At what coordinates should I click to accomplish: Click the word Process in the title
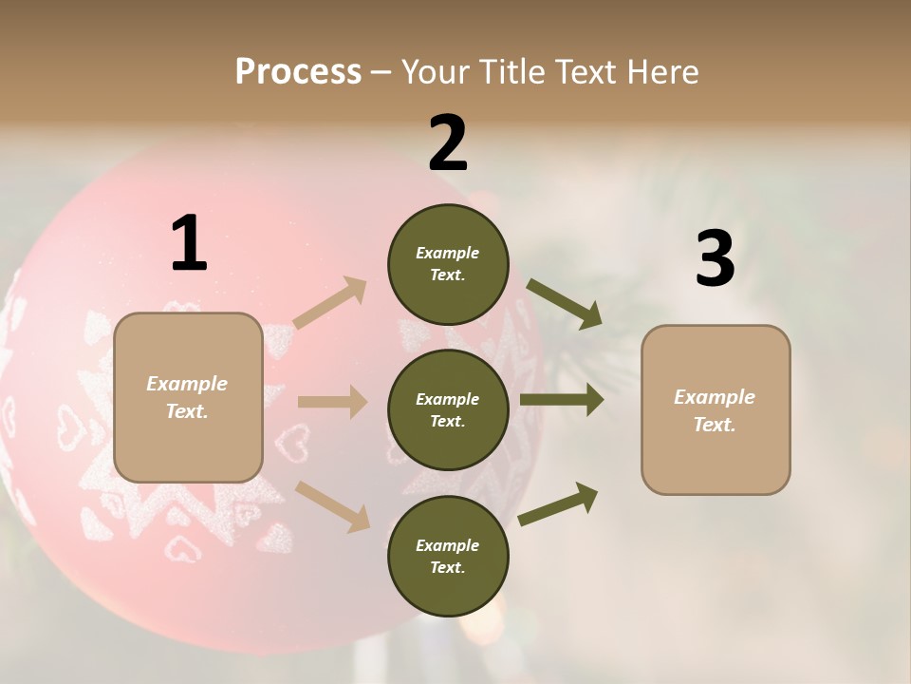[298, 72]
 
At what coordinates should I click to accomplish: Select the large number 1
[189, 243]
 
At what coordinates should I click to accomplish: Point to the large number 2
[448, 142]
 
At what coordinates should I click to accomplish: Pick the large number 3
[715, 259]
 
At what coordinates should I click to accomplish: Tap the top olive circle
[448, 264]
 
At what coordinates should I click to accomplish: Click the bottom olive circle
[448, 557]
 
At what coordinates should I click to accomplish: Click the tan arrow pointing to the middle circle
[332, 402]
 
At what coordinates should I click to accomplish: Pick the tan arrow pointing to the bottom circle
[332, 505]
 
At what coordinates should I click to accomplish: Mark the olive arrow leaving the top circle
[564, 304]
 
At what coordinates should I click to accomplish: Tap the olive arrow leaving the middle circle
[562, 400]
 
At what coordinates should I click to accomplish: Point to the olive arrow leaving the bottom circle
[559, 504]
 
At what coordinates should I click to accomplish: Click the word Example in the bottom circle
[448, 545]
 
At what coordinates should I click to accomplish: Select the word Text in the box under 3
[714, 425]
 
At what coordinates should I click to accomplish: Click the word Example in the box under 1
[187, 384]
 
